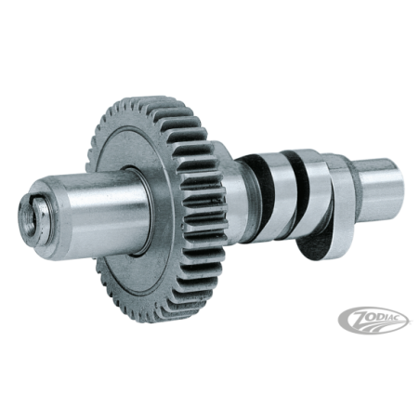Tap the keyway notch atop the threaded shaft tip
(x=34, y=201)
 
